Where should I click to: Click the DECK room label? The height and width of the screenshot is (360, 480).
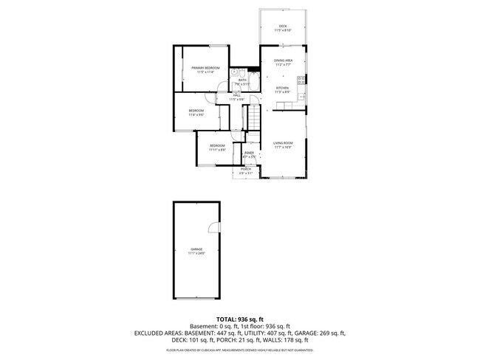283,26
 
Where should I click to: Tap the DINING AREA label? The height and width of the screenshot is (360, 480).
284,60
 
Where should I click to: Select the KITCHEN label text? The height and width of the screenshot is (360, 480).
283,88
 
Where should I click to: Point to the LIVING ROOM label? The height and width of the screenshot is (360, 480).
283,142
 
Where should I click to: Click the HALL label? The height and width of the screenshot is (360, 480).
237,95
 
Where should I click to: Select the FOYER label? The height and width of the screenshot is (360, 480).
249,153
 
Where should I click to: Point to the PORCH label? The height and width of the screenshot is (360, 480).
245,169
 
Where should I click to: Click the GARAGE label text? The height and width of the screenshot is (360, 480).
196,249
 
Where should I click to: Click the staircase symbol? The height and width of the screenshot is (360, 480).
253,117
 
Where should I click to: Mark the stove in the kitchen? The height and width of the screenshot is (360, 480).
302,80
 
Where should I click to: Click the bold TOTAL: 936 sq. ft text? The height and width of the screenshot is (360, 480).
240,319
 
